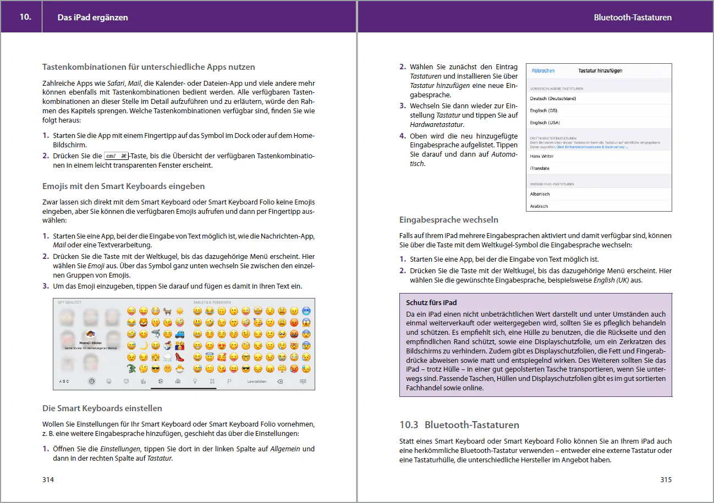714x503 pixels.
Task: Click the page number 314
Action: coord(48,479)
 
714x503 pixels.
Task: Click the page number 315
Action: coord(666,479)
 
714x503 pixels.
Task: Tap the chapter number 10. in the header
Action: coord(25,17)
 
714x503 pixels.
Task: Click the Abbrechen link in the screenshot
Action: coord(542,71)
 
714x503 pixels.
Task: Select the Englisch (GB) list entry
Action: coord(543,110)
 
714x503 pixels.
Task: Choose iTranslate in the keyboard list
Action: coord(539,168)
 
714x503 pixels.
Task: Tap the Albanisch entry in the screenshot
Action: coord(540,194)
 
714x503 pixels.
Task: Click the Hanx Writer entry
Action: coord(542,156)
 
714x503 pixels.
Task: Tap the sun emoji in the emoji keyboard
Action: coord(179,311)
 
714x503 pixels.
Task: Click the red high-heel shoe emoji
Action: coord(179,357)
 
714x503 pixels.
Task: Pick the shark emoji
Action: coord(156,334)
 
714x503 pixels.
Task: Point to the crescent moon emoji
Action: coord(144,345)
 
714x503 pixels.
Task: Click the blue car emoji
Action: coord(179,334)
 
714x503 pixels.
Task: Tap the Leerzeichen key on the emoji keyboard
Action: coord(257,382)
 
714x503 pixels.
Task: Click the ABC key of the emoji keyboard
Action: coord(64,382)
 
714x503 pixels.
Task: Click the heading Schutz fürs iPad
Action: coord(431,302)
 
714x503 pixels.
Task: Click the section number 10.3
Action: coord(409,425)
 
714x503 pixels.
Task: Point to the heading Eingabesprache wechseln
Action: coord(448,220)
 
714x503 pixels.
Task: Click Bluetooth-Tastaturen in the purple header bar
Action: coord(633,17)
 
